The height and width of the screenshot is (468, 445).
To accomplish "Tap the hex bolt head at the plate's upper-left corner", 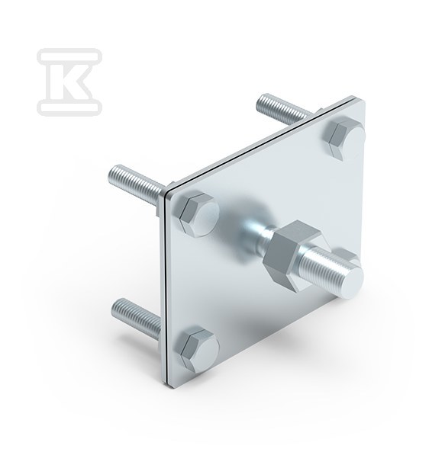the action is (x=199, y=214).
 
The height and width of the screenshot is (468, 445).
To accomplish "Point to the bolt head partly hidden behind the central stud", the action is (x=347, y=256).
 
